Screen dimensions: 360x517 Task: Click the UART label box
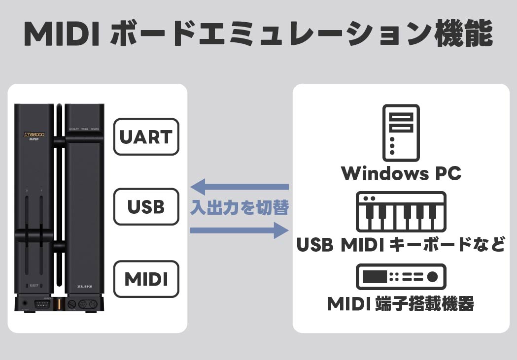(146, 136)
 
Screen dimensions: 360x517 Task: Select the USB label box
(146, 207)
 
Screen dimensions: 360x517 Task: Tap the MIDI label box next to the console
(146, 279)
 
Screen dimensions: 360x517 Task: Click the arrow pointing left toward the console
(240, 187)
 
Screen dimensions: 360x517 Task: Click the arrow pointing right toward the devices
(240, 230)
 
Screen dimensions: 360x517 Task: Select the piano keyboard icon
(401, 212)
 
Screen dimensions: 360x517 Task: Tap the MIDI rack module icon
(401, 277)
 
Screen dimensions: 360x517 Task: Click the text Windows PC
(401, 173)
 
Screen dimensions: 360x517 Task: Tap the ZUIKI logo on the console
(84, 286)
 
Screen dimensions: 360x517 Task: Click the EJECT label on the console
(34, 285)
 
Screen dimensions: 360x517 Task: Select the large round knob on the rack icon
(432, 277)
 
